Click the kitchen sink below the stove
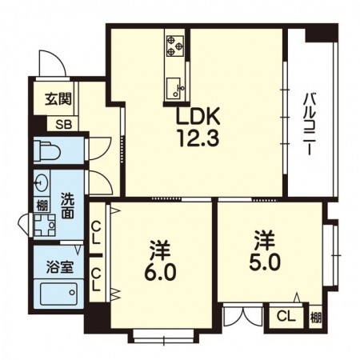(175, 82)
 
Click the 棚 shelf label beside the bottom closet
(316, 317)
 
